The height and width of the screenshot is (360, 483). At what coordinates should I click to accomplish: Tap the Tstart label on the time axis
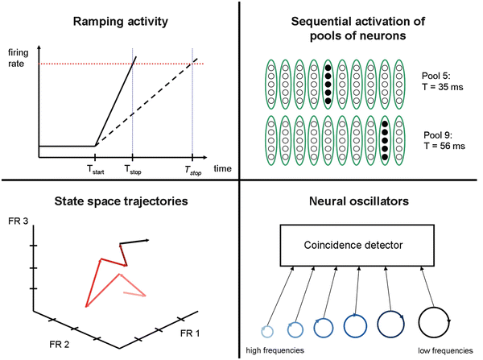[x=96, y=171]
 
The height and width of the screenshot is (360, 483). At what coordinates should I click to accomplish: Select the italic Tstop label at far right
[x=192, y=171]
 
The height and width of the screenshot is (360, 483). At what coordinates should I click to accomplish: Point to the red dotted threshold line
[x=80, y=64]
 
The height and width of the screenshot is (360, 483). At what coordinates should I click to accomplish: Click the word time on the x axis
[x=222, y=170]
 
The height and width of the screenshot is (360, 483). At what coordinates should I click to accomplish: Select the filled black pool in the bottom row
[x=386, y=139]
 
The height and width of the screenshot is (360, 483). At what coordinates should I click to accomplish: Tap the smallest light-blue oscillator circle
[x=267, y=330]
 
